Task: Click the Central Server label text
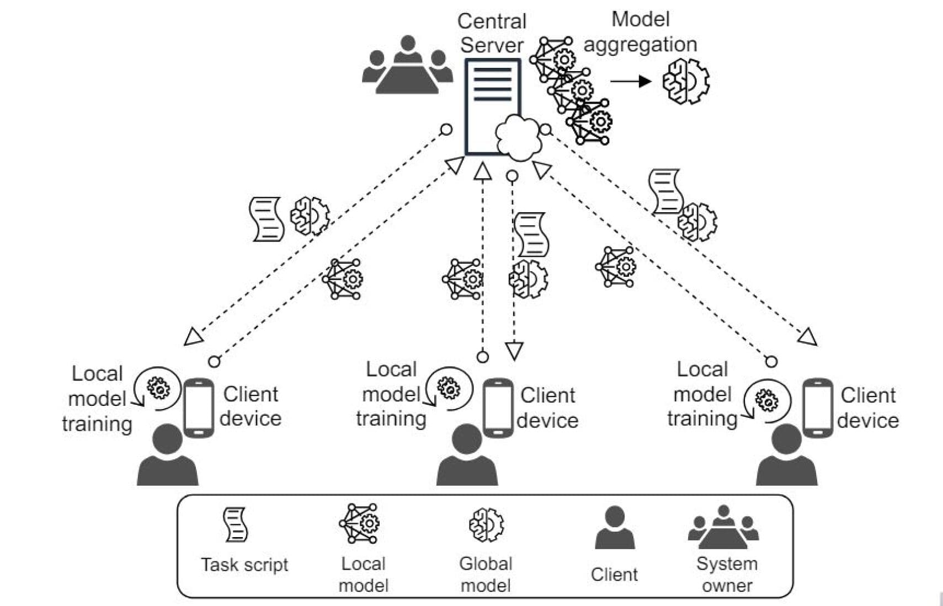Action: [491, 33]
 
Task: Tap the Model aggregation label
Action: [640, 32]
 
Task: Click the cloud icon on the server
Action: [519, 137]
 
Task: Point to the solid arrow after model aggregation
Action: [630, 82]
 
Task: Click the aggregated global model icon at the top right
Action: [686, 82]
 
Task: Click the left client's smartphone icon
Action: [199, 408]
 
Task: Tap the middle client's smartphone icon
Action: [498, 408]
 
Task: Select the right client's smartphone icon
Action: [817, 408]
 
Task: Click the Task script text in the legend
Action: [244, 565]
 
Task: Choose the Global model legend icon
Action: [486, 524]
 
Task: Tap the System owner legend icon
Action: [723, 527]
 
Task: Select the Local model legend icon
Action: [359, 523]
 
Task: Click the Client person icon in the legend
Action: [614, 528]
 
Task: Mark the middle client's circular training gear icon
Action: [449, 388]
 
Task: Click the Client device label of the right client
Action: [867, 407]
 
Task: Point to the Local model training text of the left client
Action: [97, 399]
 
